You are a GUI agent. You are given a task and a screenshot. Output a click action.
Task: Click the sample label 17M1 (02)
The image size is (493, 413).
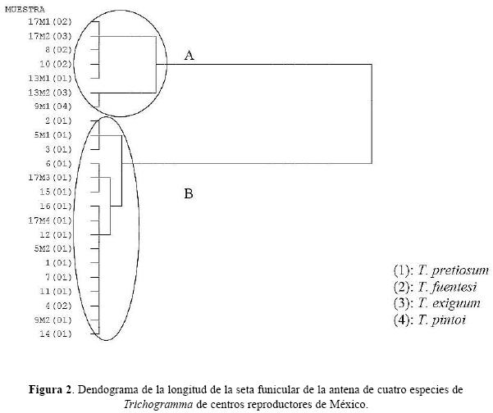[x=50, y=21]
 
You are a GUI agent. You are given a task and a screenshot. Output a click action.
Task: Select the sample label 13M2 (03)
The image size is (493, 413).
[x=50, y=93]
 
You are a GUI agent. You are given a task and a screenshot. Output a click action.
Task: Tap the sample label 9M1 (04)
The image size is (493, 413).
[x=52, y=107]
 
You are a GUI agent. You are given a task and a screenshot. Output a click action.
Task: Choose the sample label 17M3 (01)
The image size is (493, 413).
[x=50, y=178]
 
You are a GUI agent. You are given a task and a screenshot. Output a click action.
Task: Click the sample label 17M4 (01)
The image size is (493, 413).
[x=50, y=220]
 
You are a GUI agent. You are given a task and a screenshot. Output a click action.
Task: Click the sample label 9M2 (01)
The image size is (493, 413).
[x=52, y=320]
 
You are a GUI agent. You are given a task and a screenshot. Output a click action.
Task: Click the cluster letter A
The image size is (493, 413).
[x=189, y=56]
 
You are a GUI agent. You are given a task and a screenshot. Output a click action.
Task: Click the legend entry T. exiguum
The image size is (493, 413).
[x=436, y=303]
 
